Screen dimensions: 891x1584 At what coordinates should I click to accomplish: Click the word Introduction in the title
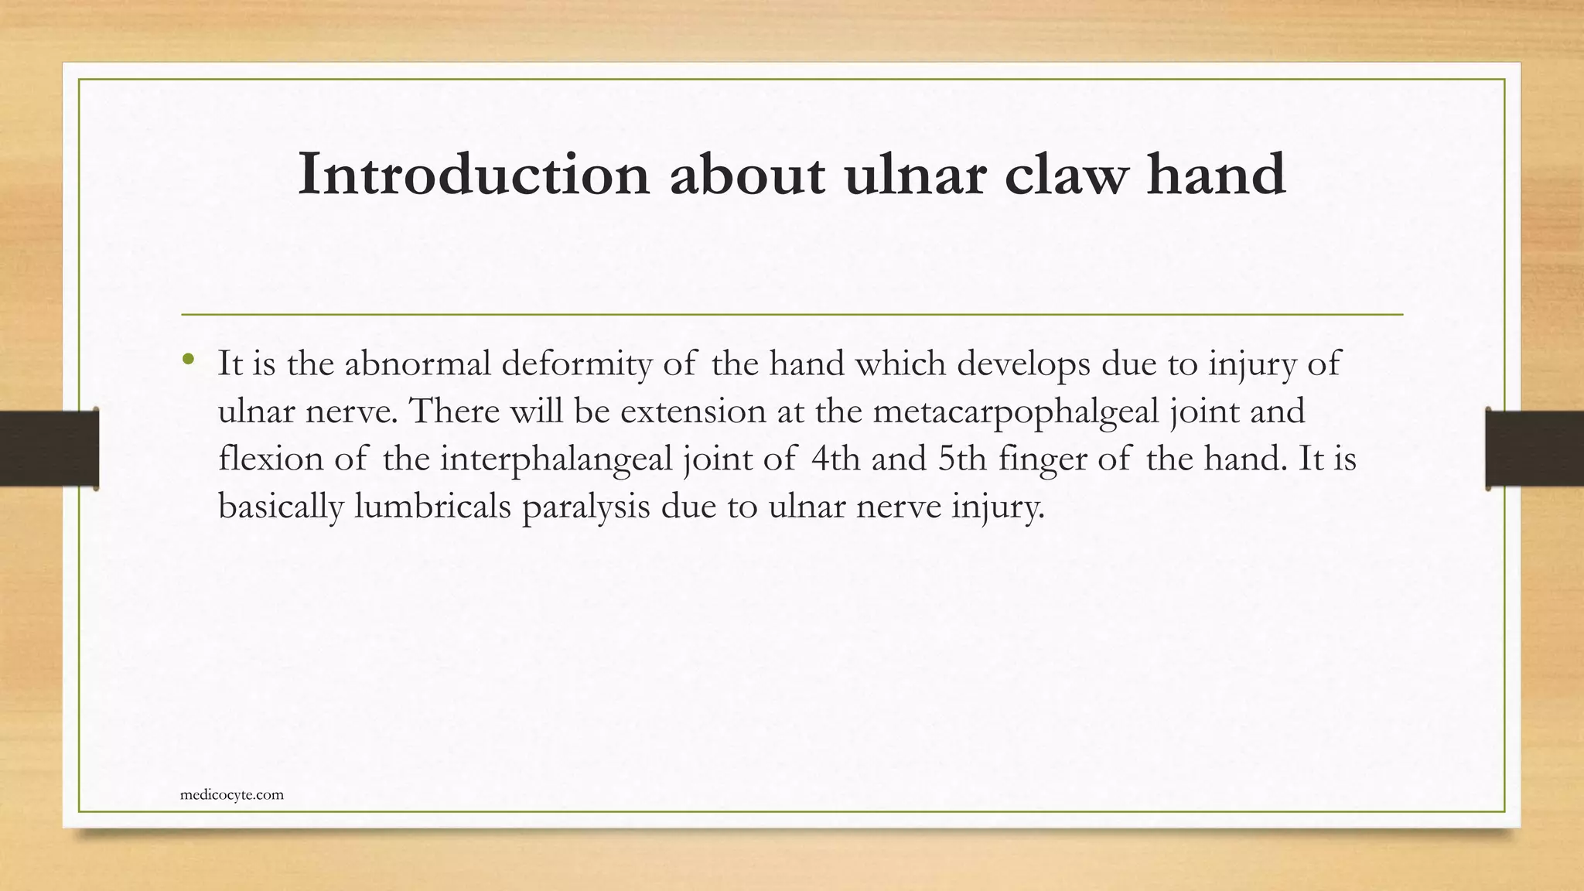(473, 175)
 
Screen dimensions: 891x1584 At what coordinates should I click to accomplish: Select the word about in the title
(746, 175)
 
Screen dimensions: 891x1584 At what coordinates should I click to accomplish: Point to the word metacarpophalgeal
(1016, 411)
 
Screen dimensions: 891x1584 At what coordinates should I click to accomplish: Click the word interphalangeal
(556, 459)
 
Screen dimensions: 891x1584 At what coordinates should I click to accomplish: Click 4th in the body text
(835, 459)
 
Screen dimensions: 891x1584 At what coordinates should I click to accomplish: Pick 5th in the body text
(962, 459)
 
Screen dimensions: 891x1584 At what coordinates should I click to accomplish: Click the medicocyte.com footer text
(231, 794)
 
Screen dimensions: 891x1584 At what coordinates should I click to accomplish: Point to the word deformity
(576, 364)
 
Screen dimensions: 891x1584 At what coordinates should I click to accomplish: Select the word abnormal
(418, 364)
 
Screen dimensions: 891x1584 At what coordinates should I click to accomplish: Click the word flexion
(271, 459)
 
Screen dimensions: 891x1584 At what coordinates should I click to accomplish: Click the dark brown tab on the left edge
(49, 449)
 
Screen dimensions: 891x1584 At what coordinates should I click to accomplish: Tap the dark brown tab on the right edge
(1534, 449)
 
